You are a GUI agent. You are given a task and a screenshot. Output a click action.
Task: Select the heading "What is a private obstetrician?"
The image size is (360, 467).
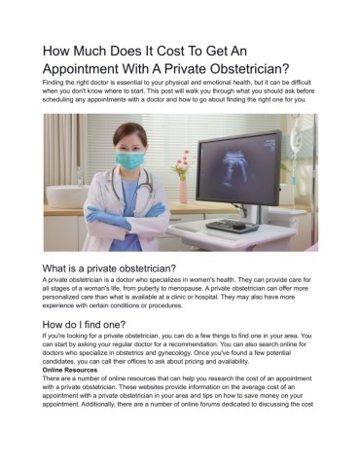(x=109, y=268)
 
